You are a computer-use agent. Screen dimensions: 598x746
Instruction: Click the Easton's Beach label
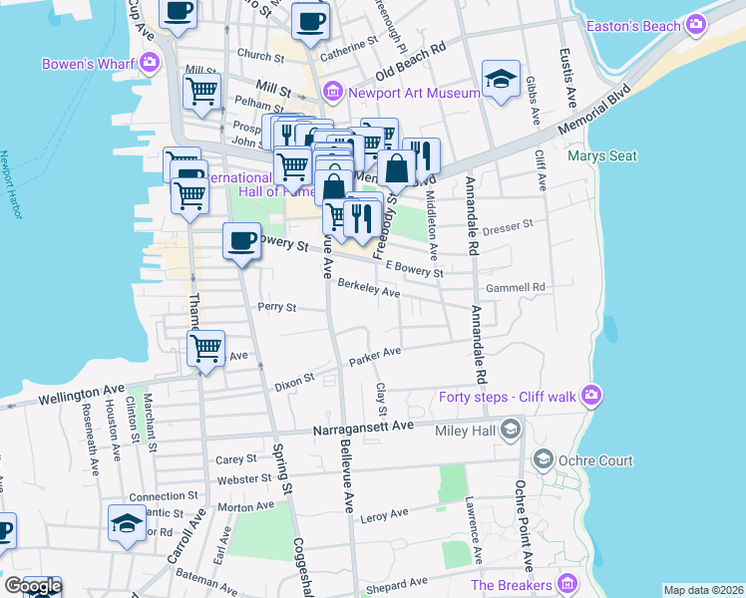tap(633, 25)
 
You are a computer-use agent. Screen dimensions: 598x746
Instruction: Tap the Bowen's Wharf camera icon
tap(150, 65)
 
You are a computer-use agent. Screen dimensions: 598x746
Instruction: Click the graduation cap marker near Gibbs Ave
tap(501, 79)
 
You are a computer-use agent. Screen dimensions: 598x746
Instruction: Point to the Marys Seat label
tap(600, 155)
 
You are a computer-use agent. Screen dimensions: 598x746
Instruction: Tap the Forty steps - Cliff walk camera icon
tap(593, 397)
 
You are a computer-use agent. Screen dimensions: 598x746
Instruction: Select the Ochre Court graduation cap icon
tap(544, 459)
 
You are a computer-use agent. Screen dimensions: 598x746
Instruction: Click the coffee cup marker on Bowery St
tap(241, 240)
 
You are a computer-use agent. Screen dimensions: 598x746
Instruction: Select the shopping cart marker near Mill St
tap(202, 90)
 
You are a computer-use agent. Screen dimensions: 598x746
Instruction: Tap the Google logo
tap(32, 586)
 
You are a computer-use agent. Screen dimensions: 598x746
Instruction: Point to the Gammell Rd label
tap(515, 287)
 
